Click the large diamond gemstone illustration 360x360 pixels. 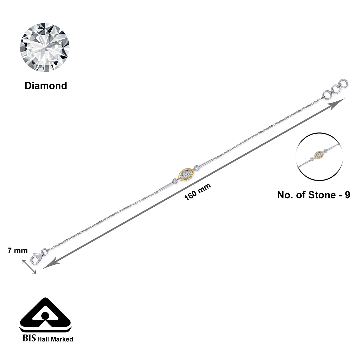tap(45, 47)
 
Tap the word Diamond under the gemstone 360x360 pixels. tap(46, 86)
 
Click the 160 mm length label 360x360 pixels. tap(198, 192)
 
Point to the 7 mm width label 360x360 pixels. tap(18, 251)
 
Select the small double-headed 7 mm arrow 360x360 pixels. tap(29, 267)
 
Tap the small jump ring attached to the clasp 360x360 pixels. tap(45, 251)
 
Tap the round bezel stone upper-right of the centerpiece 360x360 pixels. tap(197, 168)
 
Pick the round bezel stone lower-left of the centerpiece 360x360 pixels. tap(175, 181)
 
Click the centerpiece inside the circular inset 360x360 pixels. tap(320, 155)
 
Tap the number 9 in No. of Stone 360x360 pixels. tap(347, 195)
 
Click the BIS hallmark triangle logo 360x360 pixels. tap(45, 314)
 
